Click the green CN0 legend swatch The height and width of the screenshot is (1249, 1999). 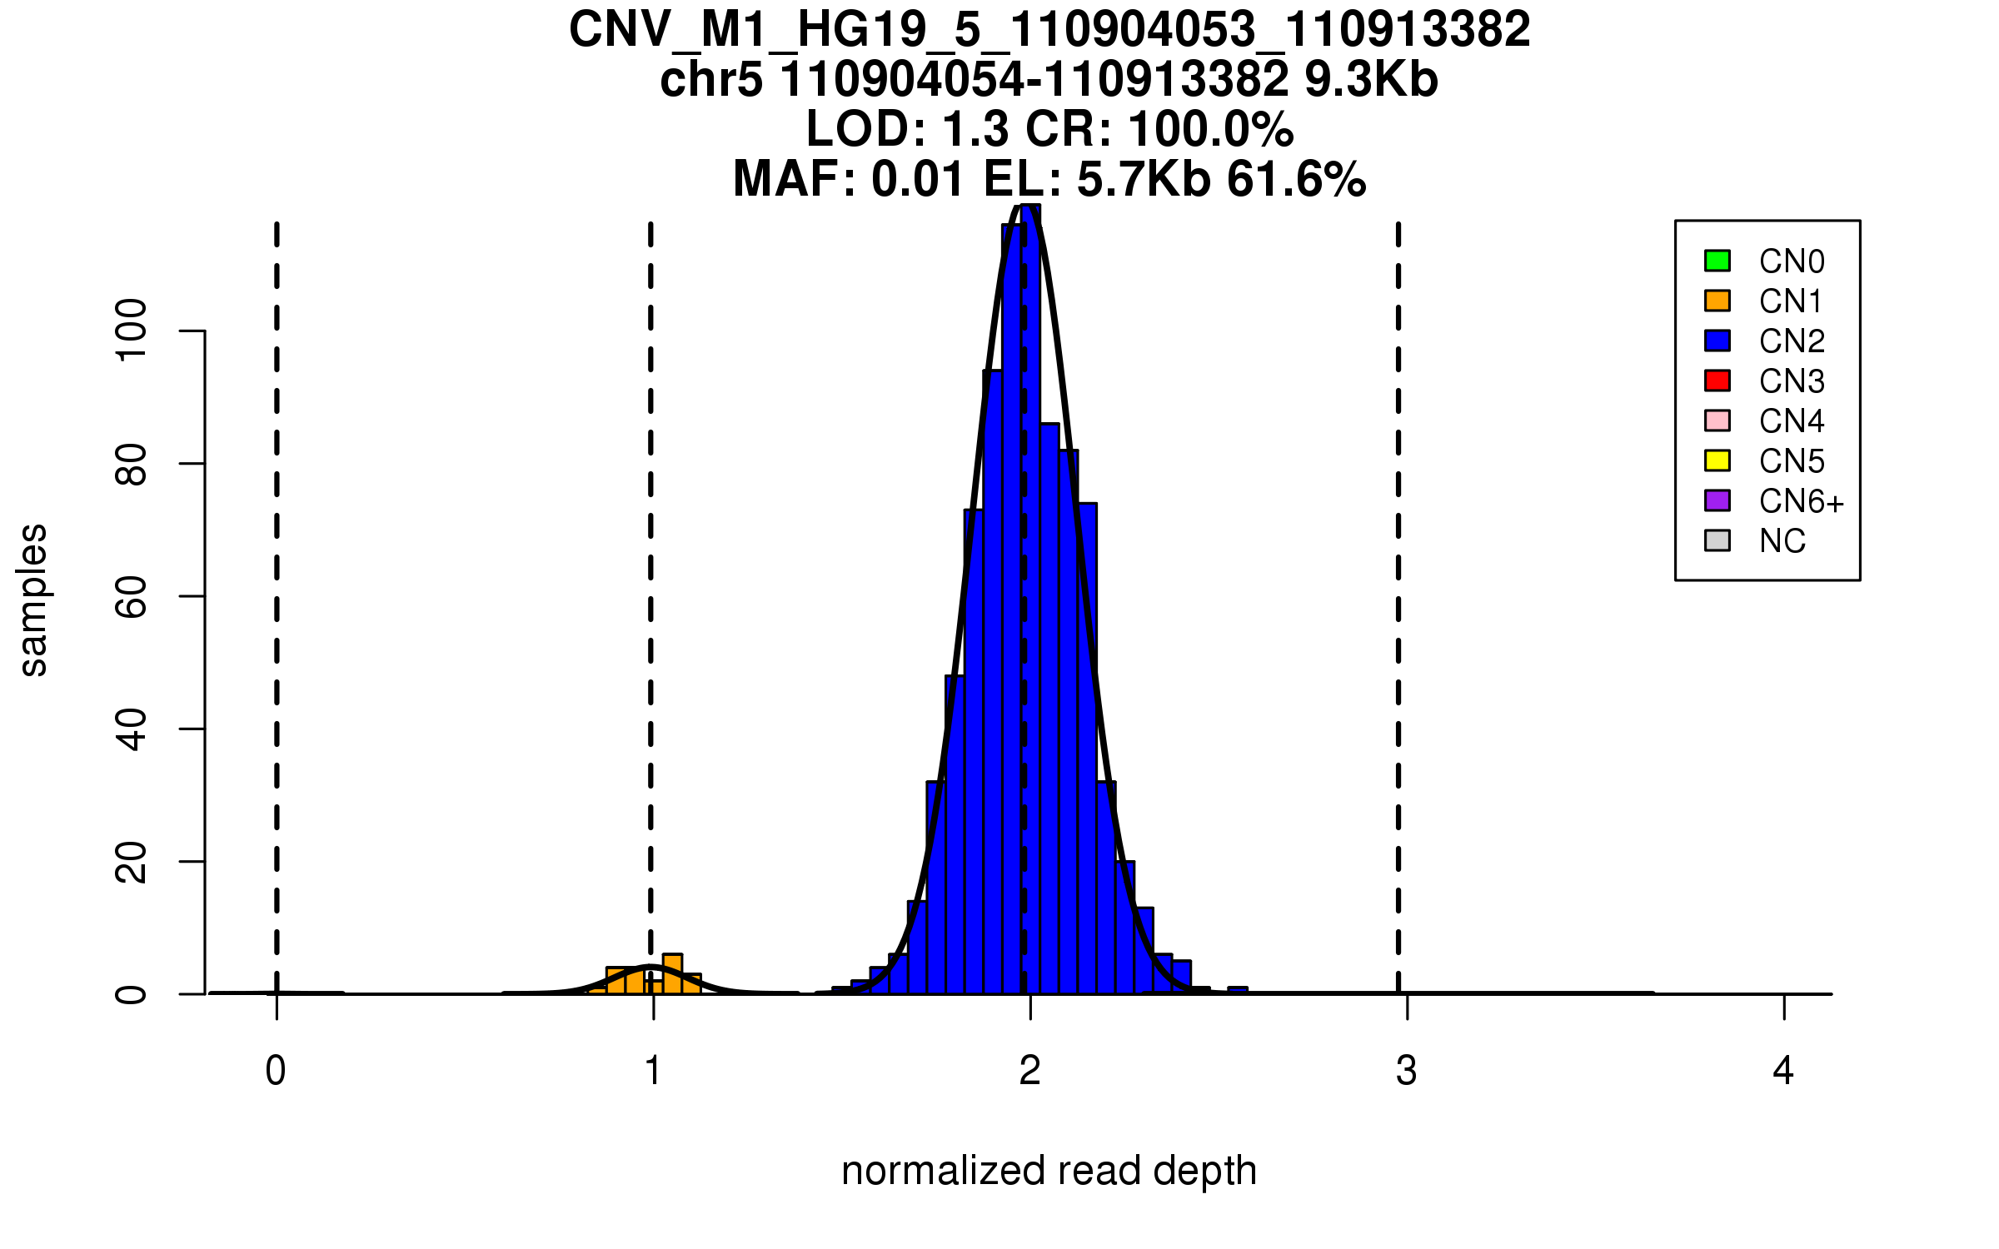(1717, 261)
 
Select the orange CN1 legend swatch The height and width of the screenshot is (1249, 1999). (1717, 301)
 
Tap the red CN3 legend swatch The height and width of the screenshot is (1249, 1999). (1717, 381)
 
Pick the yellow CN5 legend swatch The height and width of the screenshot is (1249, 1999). (1717, 460)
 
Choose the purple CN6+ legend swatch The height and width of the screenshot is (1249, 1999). (1717, 500)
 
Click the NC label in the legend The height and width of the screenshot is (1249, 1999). (1782, 541)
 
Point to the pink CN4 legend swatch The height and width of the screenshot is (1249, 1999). (1717, 420)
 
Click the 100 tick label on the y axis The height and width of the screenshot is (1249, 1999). (132, 331)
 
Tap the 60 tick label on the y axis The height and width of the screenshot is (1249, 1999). (132, 596)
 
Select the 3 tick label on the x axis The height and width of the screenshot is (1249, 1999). (1407, 1071)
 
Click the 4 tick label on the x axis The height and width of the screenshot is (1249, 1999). (1783, 1071)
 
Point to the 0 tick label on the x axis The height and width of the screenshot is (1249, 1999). (276, 1071)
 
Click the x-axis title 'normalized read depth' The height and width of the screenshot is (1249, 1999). (1049, 1171)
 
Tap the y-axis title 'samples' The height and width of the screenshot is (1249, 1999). (33, 600)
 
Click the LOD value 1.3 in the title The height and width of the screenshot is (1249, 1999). (975, 129)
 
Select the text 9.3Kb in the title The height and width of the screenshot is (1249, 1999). (1371, 80)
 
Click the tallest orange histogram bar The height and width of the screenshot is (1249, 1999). (672, 974)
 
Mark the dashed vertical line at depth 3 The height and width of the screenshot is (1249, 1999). (1398, 583)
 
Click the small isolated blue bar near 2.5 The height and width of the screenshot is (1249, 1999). (1238, 990)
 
